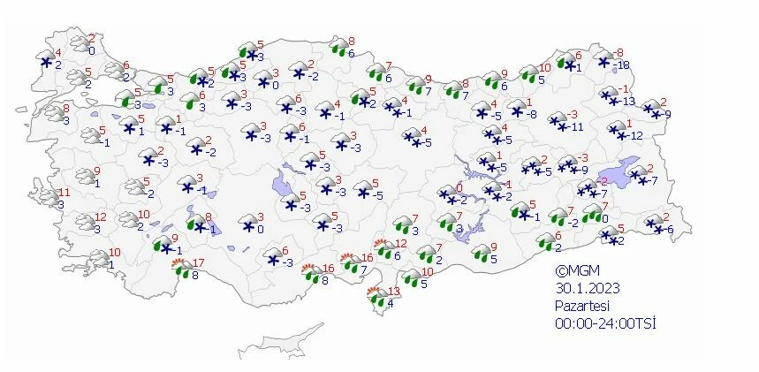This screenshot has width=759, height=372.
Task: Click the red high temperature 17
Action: (x=198, y=262)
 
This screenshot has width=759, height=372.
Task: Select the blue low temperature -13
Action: (x=629, y=102)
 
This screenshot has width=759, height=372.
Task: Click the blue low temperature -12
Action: (x=635, y=134)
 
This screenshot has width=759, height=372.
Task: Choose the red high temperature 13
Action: (x=395, y=291)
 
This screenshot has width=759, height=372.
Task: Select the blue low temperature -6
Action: (x=669, y=230)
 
